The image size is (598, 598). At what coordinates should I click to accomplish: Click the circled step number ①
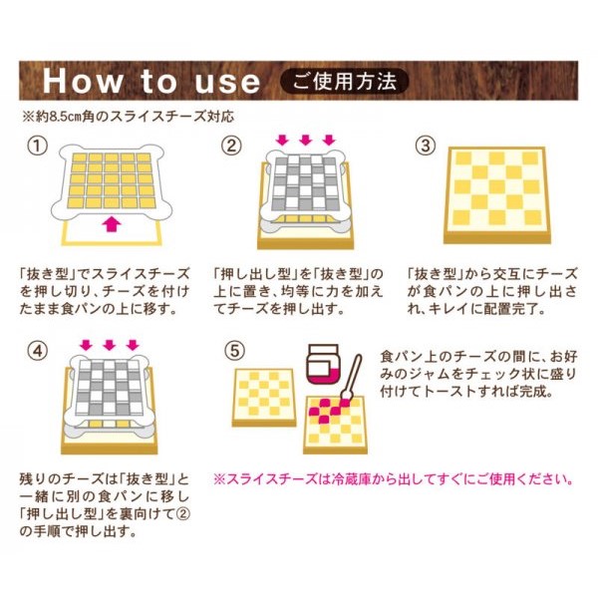(x=38, y=147)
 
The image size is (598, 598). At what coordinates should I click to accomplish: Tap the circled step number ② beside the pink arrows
(x=231, y=147)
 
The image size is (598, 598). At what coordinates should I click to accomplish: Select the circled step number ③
(x=425, y=147)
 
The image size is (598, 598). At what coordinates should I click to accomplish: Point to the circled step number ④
(x=38, y=350)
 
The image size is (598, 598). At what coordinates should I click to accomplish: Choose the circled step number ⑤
(x=234, y=350)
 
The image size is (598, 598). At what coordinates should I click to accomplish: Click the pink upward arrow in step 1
(x=112, y=223)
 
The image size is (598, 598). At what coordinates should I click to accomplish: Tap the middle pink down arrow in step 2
(x=306, y=140)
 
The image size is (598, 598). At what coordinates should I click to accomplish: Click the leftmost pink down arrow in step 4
(x=87, y=345)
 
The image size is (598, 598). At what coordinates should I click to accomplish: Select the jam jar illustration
(x=323, y=364)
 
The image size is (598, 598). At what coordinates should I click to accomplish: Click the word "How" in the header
(x=83, y=82)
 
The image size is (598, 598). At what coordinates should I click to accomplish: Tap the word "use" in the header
(x=227, y=83)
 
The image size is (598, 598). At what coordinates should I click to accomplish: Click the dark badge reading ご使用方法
(x=345, y=82)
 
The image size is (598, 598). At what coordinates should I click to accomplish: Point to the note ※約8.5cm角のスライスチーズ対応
(x=128, y=117)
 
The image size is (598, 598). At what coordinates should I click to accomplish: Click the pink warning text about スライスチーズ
(x=393, y=479)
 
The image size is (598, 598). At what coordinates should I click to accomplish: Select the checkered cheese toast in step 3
(x=497, y=195)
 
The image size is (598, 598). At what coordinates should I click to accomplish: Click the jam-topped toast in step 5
(x=335, y=425)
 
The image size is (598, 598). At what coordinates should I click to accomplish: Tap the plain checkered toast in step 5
(x=264, y=398)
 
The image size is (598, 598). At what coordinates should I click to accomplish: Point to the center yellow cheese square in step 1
(x=112, y=178)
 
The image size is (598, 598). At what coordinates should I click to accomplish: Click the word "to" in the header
(x=159, y=82)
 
